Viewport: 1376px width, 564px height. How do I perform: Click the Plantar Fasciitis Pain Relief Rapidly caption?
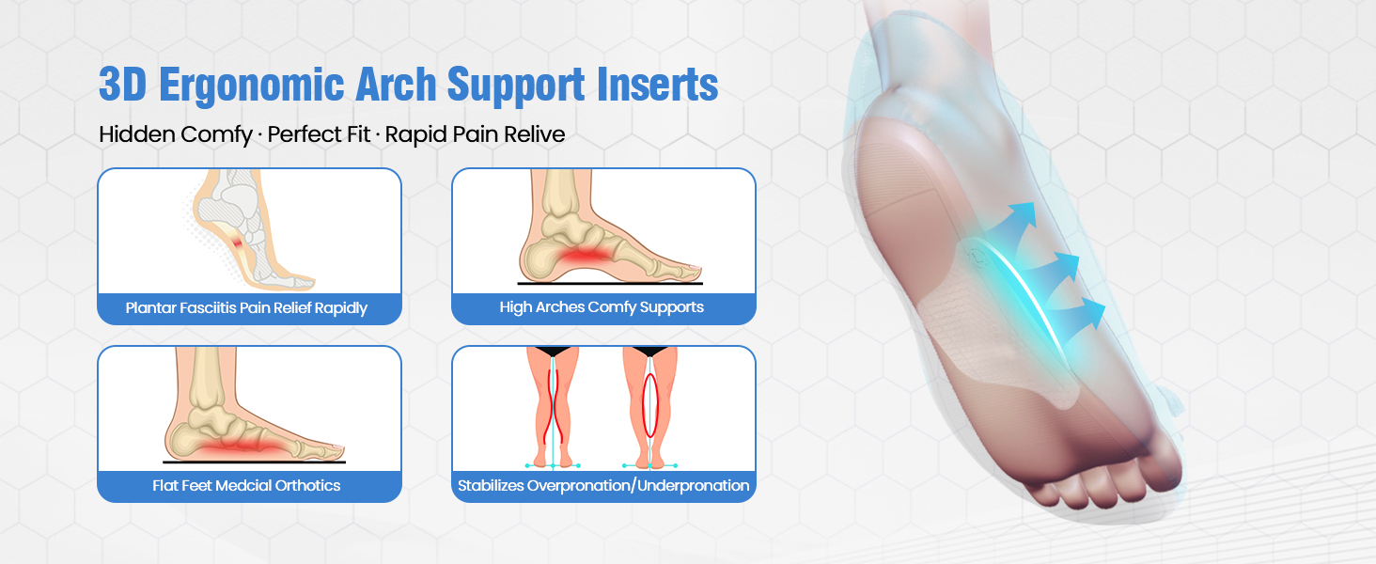247,308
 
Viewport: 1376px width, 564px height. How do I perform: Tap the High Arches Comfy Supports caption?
602,307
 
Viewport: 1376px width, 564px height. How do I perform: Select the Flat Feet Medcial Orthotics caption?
247,486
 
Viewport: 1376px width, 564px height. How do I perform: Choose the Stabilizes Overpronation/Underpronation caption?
603,486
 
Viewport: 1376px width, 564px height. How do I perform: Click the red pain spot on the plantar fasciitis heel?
240,246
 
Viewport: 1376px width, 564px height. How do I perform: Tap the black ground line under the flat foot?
254,462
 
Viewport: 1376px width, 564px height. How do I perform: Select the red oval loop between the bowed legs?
649,405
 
